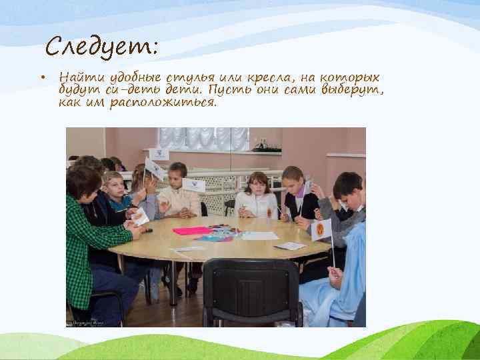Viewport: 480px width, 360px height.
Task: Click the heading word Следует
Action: pyautogui.click(x=101, y=47)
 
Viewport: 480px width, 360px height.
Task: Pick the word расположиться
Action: pyautogui.click(x=169, y=103)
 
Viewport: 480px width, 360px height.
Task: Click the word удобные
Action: pyautogui.click(x=129, y=78)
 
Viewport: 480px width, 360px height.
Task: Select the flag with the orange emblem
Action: pyautogui.click(x=321, y=229)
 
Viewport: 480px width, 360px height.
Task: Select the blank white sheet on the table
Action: pyautogui.click(x=260, y=236)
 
